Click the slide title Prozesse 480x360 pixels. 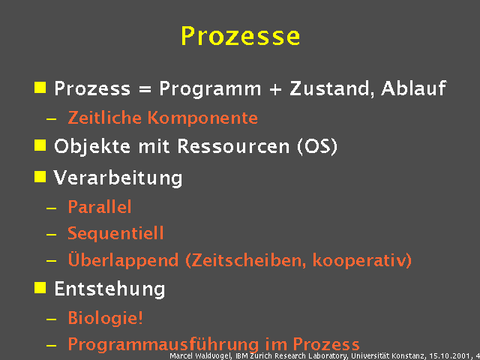pyautogui.click(x=240, y=35)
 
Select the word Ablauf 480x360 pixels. pyautogui.click(x=413, y=88)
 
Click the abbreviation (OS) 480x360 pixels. pyautogui.click(x=317, y=145)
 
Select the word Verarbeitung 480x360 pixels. pyautogui.click(x=118, y=178)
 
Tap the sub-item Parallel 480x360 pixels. pyautogui.click(x=99, y=207)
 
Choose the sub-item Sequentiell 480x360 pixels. pyautogui.click(x=115, y=233)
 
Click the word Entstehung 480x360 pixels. pyautogui.click(x=109, y=288)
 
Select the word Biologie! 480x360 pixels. pyautogui.click(x=105, y=317)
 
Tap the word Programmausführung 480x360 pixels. pyautogui.click(x=164, y=344)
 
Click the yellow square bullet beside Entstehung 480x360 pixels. pyautogui.click(x=40, y=287)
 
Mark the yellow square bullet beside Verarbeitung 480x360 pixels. pyautogui.click(x=40, y=177)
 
